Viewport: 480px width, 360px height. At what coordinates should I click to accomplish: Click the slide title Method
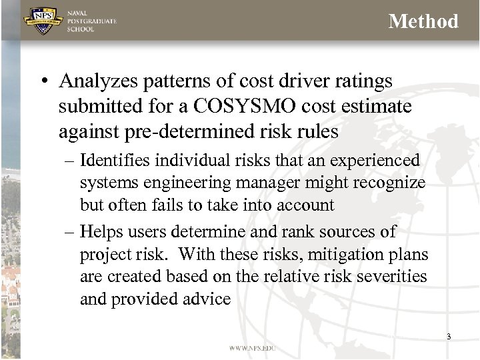(423, 21)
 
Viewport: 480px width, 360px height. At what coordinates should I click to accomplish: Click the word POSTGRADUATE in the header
(92, 21)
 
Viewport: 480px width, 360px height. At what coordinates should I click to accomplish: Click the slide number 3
(449, 337)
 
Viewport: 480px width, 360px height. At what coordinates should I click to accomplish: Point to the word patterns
(167, 81)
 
